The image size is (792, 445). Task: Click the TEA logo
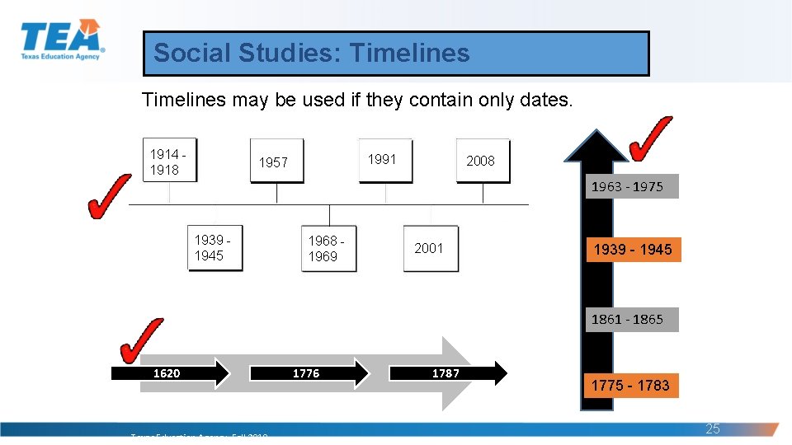(61, 40)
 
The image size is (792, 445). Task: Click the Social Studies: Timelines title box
(396, 54)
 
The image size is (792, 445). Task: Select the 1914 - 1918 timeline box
(169, 161)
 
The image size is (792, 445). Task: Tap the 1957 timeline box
(276, 162)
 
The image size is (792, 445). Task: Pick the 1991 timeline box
(384, 160)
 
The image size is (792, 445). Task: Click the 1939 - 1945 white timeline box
(214, 248)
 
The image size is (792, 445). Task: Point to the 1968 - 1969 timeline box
(328, 248)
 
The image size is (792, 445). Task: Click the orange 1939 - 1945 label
(633, 249)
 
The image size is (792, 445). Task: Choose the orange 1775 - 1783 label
(631, 385)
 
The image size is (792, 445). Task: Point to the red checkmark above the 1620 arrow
(142, 340)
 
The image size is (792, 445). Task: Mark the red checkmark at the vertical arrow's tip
(650, 138)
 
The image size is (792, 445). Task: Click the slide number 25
(713, 429)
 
